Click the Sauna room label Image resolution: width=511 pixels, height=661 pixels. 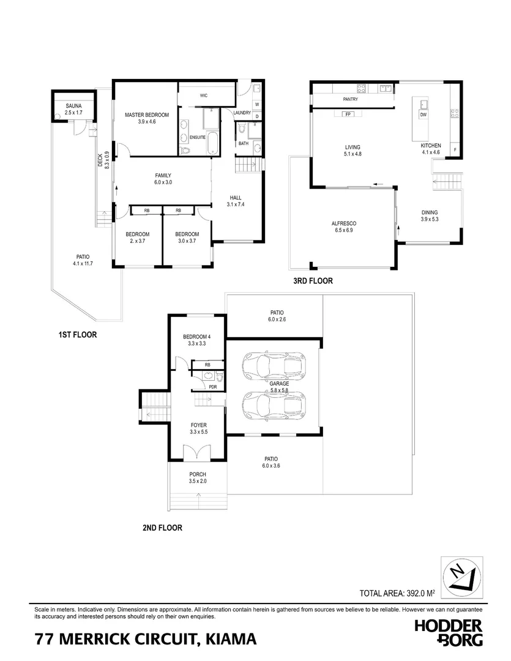pos(74,105)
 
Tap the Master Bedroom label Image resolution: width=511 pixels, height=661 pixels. pos(147,114)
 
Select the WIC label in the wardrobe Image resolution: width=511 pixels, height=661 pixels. pos(204,95)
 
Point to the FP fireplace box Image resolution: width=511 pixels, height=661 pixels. pos(348,114)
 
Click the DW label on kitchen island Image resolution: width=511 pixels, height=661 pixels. pos(423,114)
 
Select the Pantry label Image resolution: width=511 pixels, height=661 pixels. pos(351,99)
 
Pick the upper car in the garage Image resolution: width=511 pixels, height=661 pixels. pos(274,365)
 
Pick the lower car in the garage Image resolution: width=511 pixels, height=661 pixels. pos(274,405)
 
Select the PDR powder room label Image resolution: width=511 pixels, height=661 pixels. pos(213,387)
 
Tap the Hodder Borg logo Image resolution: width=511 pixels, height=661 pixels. pos(449,632)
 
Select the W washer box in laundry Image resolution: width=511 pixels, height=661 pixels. pos(257,104)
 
